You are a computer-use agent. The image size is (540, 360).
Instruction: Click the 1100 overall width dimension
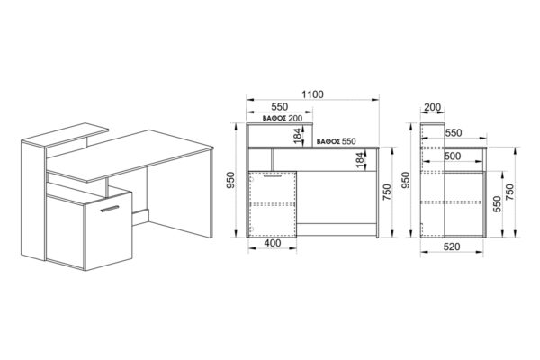[x=312, y=94]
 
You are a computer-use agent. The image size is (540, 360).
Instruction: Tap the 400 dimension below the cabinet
[x=273, y=243]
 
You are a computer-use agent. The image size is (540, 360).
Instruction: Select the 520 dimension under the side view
[x=452, y=247]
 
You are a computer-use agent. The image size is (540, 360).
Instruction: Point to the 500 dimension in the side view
[x=452, y=156]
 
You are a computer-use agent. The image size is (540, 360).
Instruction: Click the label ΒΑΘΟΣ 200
[x=283, y=119]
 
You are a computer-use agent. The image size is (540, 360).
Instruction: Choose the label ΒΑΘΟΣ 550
[x=336, y=141]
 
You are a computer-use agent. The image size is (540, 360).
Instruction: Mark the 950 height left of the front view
[x=230, y=180]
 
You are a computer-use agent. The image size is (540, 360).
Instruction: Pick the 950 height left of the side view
[x=406, y=180]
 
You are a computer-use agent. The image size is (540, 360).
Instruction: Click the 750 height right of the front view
[x=387, y=193]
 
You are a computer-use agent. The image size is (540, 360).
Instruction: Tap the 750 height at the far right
[x=509, y=193]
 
